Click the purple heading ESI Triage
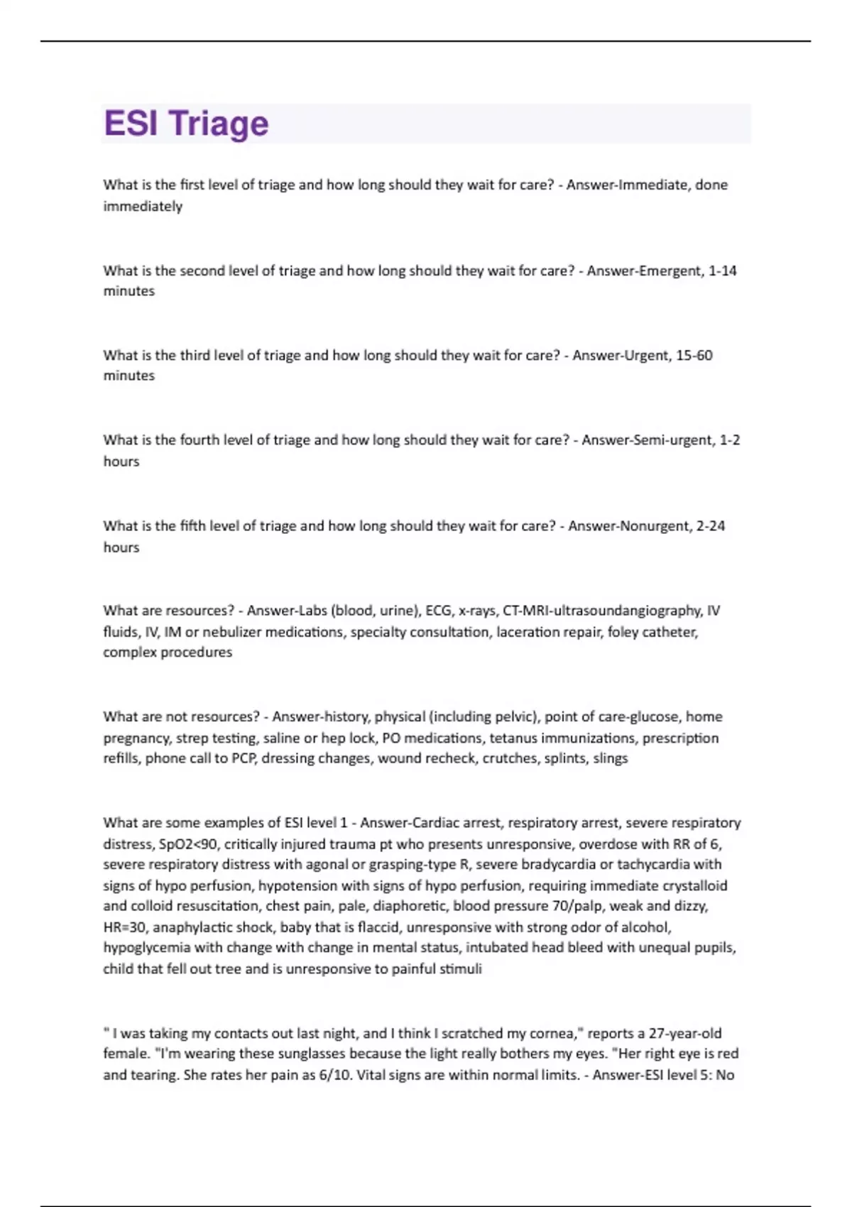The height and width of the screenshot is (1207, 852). coord(186,124)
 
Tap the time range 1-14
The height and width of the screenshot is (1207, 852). coord(723,271)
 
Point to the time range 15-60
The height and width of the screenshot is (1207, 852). coord(694,355)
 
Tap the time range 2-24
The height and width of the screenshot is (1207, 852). coord(711,526)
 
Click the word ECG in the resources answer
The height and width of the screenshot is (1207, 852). coord(439,611)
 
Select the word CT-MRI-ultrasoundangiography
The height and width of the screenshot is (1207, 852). coord(601,611)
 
